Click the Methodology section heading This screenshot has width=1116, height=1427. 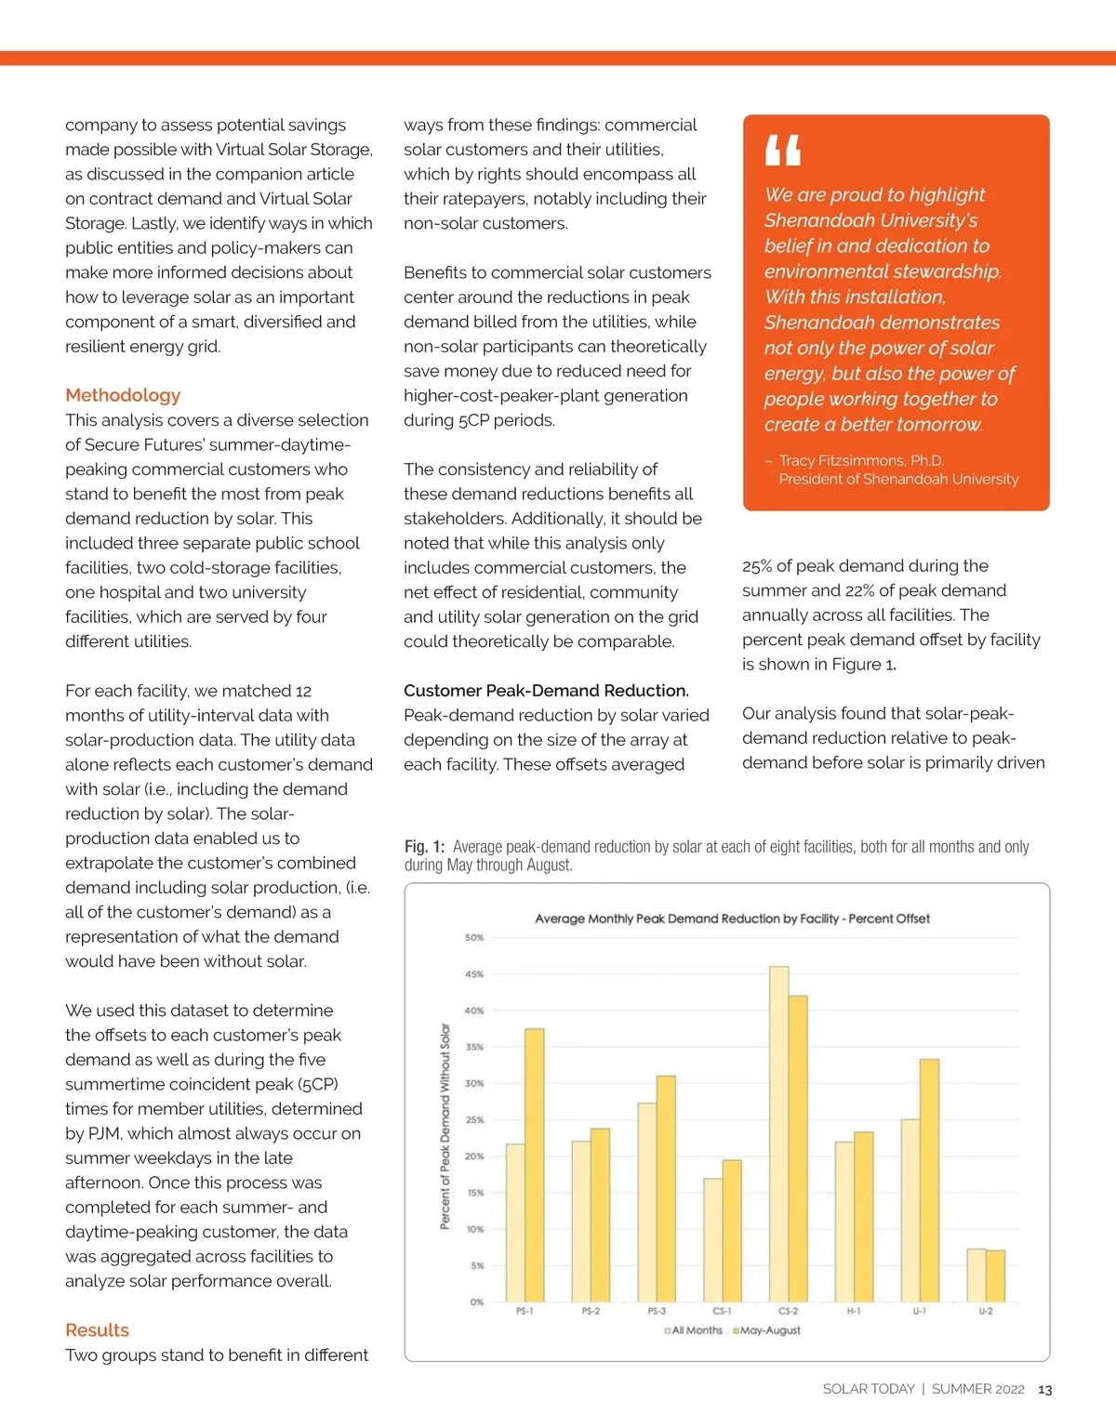tap(123, 395)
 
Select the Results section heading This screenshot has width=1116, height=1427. tap(97, 1330)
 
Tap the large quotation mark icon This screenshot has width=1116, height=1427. tap(782, 150)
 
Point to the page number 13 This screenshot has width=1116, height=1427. tap(1044, 1390)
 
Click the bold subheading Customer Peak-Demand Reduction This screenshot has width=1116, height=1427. tap(546, 691)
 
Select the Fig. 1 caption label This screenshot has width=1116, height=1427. tap(424, 847)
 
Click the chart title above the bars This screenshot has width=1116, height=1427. tap(732, 918)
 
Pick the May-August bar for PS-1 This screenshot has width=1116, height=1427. tap(535, 1165)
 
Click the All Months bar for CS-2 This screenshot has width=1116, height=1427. tap(778, 1134)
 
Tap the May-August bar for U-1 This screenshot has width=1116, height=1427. tap(929, 1180)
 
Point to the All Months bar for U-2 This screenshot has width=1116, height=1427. tap(976, 1275)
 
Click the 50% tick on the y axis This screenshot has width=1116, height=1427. tap(474, 938)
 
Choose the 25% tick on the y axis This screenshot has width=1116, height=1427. tap(474, 1120)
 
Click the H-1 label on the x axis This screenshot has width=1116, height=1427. tap(853, 1312)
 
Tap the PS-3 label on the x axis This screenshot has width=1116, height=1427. tap(657, 1312)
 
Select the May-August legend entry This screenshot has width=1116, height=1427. tap(768, 1331)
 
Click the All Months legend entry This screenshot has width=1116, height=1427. tap(696, 1331)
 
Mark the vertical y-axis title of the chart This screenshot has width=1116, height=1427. tap(445, 1126)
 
